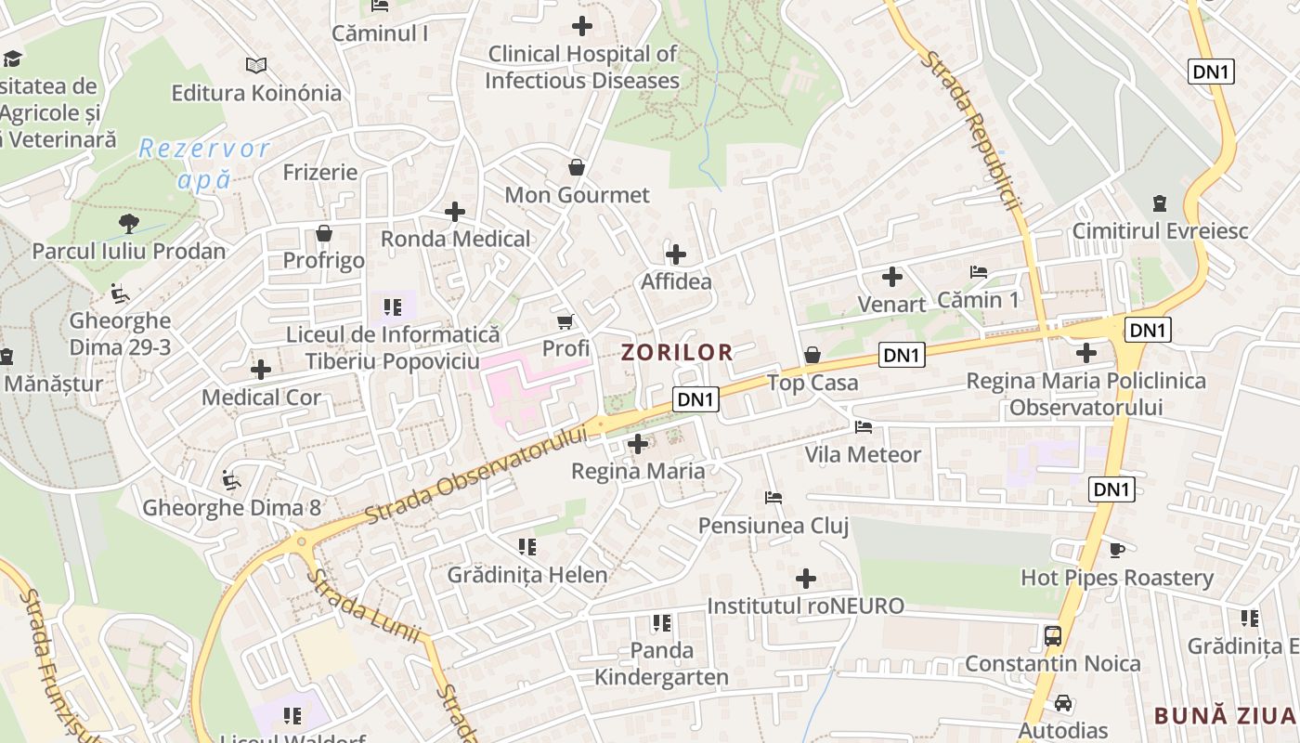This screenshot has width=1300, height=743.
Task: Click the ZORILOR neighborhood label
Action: [677, 353]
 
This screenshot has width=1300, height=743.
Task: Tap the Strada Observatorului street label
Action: [478, 475]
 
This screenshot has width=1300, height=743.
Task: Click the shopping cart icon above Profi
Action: [565, 322]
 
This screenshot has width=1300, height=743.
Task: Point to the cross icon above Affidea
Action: [676, 254]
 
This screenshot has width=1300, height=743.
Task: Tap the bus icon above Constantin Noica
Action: [1052, 636]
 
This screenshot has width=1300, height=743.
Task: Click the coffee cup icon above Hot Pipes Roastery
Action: [1117, 551]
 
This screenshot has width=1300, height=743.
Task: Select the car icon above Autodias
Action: [1063, 703]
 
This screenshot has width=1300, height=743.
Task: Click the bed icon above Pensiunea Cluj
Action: [773, 498]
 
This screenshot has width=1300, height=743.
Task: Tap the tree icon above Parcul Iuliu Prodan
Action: [129, 224]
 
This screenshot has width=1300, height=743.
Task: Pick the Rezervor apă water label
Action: [204, 163]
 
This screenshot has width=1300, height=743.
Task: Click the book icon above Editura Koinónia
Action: [256, 65]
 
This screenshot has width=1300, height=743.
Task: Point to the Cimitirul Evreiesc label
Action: [1160, 230]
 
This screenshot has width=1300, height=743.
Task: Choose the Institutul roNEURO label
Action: [805, 606]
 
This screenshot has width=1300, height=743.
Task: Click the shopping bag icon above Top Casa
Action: [812, 355]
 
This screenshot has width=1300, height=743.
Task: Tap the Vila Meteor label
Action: [863, 455]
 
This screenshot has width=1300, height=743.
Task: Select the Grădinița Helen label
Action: [527, 575]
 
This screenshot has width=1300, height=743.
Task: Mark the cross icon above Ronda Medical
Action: [455, 212]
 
